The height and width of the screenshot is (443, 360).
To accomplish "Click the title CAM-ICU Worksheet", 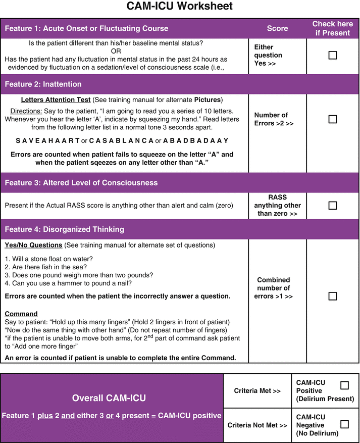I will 179,7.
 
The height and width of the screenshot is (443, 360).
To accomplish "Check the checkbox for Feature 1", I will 332,55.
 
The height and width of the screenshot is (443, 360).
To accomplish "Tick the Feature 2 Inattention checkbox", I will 332,119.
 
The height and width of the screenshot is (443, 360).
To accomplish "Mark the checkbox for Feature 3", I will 332,206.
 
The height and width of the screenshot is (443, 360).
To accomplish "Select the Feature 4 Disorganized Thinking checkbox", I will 332,296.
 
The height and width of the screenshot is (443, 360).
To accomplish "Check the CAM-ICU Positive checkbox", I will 344,385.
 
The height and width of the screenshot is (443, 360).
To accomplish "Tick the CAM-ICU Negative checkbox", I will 344,424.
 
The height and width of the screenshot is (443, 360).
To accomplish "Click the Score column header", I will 277,28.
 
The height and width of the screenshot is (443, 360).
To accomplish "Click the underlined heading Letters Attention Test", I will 56,100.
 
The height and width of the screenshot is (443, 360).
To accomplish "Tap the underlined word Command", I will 21,314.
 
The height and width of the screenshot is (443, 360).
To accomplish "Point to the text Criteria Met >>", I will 256,390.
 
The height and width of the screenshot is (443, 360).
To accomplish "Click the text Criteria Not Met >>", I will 256,425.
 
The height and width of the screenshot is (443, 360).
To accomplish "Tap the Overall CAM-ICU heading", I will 109,398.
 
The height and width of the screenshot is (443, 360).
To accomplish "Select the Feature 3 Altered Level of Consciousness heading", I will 81,183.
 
